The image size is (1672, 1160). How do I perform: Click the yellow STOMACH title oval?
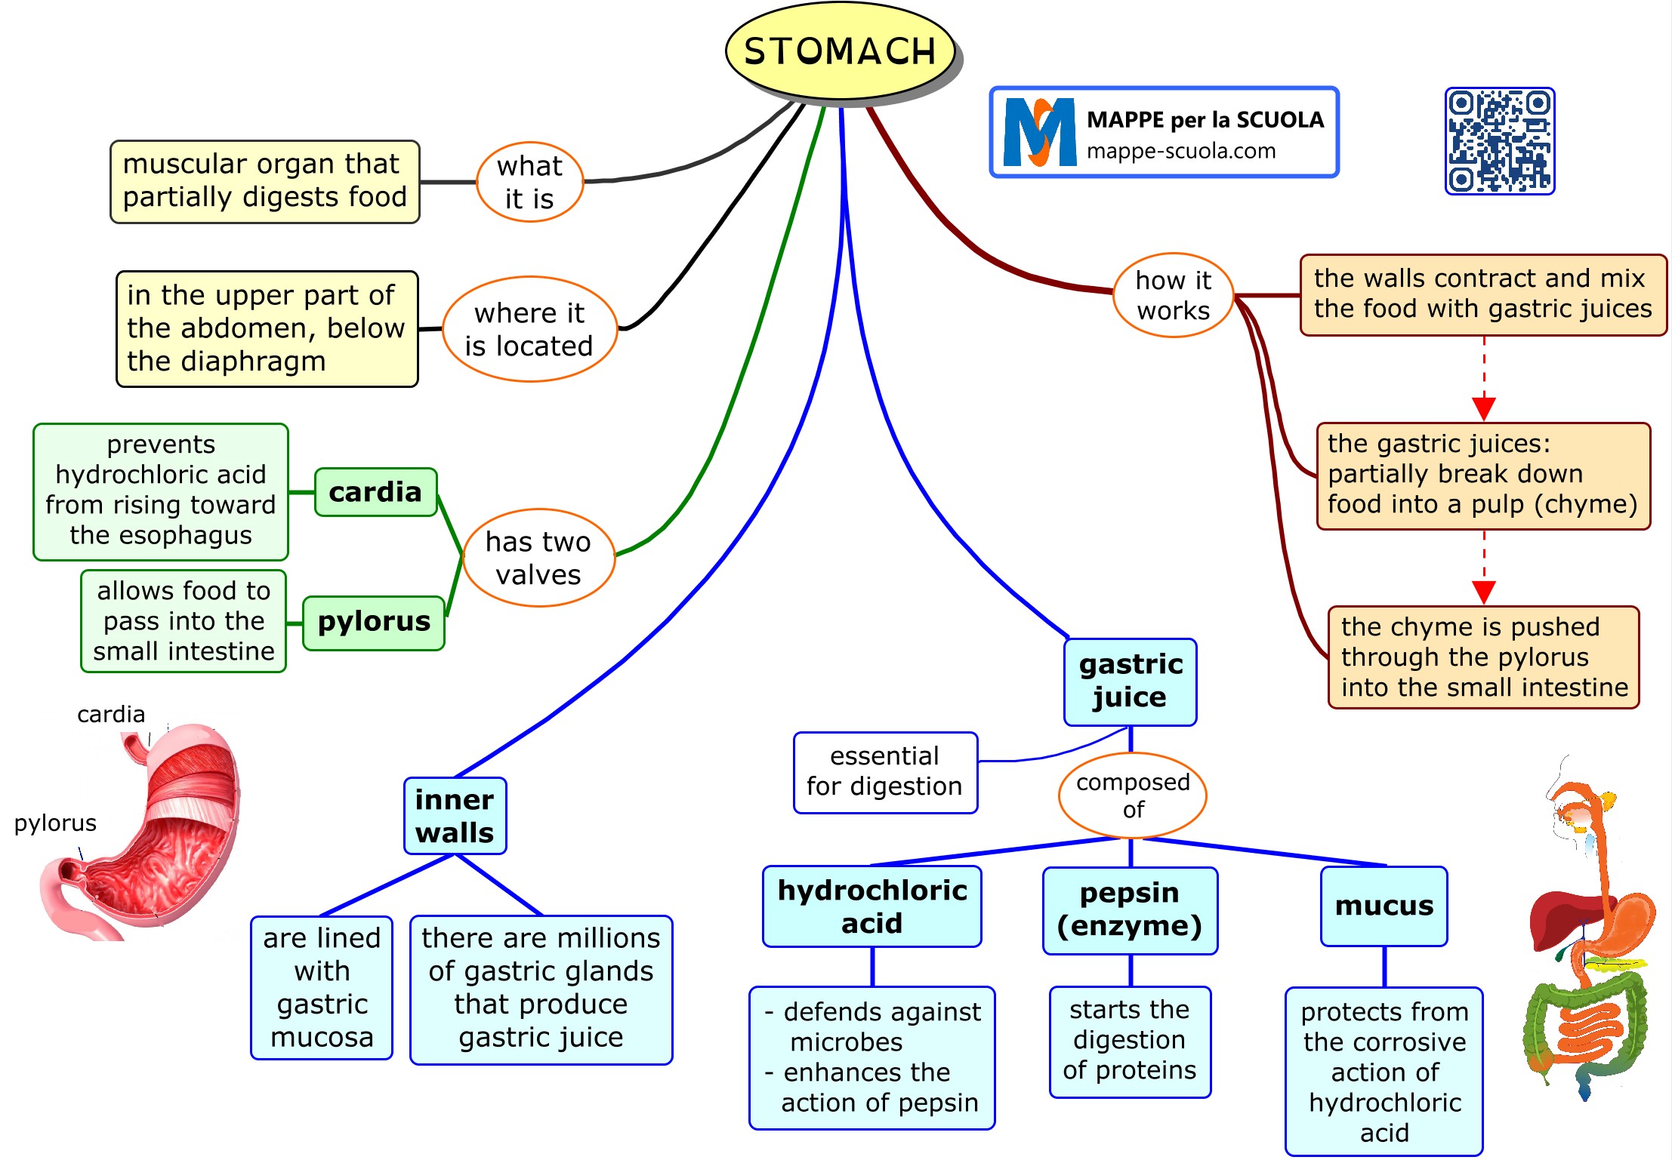(840, 51)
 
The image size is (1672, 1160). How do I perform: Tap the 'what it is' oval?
(529, 182)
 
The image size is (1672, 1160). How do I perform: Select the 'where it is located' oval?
(529, 329)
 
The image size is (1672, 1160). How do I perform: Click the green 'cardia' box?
(375, 492)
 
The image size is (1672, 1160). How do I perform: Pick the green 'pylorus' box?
(374, 622)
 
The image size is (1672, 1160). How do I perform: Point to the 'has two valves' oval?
(538, 558)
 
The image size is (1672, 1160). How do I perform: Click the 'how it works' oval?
(1173, 295)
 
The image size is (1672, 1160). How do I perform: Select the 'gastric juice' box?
(1130, 682)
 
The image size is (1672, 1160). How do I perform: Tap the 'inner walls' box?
(455, 816)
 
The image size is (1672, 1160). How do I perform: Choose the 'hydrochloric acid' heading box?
(872, 906)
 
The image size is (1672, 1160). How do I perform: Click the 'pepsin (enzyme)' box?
(1130, 910)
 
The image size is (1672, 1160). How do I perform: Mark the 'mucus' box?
(1384, 906)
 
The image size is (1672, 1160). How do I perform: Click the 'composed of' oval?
(1132, 795)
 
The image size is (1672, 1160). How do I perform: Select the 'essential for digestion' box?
(885, 772)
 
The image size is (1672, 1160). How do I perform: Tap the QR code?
(1499, 141)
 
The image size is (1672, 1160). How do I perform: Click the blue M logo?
(1040, 133)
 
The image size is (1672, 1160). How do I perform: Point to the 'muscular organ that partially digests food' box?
(264, 181)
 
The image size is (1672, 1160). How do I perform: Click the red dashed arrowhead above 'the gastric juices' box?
(1483, 408)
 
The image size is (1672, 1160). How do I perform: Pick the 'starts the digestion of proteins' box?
(1130, 1041)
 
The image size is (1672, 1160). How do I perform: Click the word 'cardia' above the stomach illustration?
(111, 714)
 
